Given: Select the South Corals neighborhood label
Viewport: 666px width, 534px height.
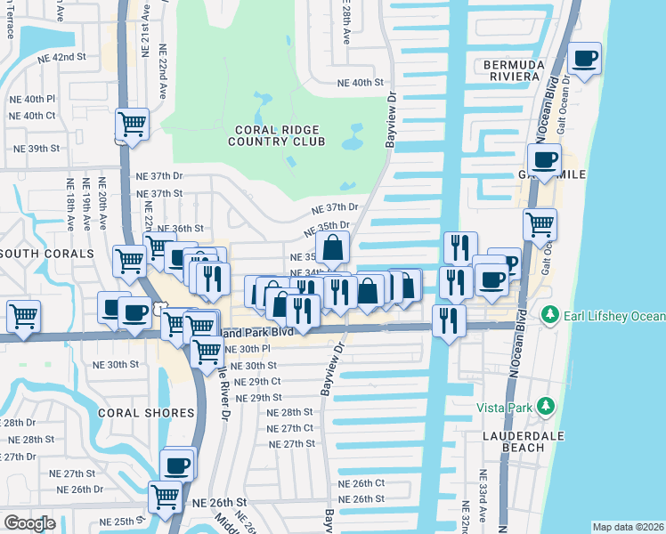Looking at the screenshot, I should (46, 254).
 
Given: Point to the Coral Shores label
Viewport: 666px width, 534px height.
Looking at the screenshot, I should (146, 413).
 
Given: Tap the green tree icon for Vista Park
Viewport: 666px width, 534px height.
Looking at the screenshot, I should (546, 408).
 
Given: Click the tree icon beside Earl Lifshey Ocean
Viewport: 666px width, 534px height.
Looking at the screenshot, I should (548, 316).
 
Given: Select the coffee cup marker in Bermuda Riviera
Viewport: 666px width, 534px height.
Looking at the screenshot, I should (584, 60).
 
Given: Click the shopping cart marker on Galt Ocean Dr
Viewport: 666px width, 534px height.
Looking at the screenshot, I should (540, 224).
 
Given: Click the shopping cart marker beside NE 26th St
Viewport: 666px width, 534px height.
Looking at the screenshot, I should (166, 496).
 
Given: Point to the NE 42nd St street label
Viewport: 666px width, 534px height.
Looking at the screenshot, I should (61, 56).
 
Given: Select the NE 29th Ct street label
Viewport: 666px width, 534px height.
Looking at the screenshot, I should (259, 381).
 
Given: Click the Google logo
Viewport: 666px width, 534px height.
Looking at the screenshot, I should (29, 523).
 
